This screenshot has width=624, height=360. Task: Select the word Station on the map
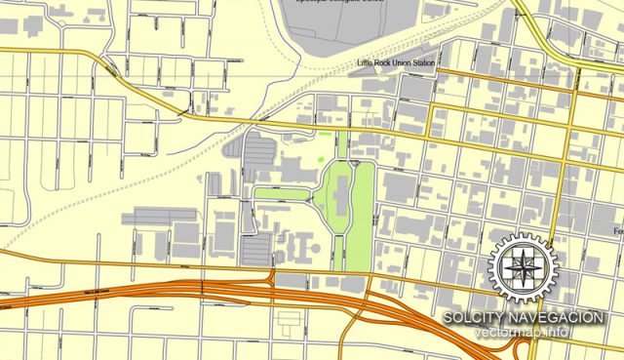pyautogui.click(x=422, y=64)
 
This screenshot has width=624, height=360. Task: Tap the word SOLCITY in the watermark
pyautogui.click(x=474, y=318)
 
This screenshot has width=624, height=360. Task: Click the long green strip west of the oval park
pyautogui.click(x=282, y=193)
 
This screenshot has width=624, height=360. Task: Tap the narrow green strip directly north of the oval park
pyautogui.click(x=342, y=146)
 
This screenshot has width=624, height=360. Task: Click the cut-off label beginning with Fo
pyautogui.click(x=617, y=231)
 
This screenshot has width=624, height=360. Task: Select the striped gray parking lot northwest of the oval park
pyautogui.click(x=255, y=152)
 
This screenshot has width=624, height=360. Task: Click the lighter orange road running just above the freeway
pyautogui.click(x=146, y=263)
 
